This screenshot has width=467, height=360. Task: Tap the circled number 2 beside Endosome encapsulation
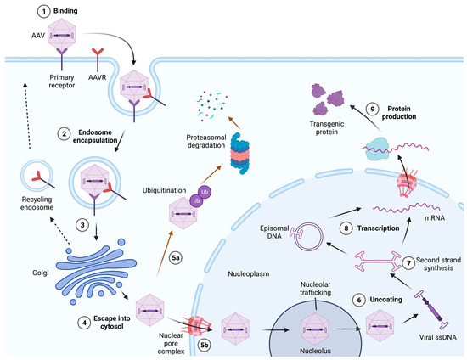click(x=65, y=132)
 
